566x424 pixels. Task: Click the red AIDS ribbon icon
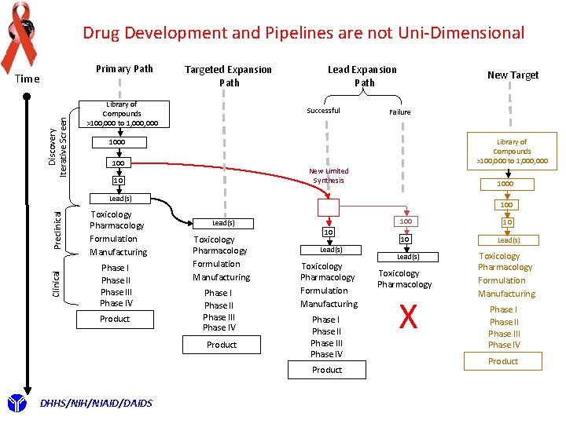tap(20, 35)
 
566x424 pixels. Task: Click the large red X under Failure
tap(407, 317)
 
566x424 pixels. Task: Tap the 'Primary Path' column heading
tap(124, 68)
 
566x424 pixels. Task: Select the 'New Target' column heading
tap(513, 75)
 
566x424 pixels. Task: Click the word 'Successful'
tap(323, 111)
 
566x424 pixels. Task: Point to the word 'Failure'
tap(399, 112)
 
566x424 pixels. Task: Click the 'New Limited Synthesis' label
tap(329, 175)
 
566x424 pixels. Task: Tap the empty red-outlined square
tap(329, 207)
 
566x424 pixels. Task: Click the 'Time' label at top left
tap(27, 79)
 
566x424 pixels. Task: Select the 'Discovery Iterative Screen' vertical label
tap(57, 141)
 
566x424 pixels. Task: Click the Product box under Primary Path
tap(115, 319)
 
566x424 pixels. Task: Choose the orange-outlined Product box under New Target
tap(503, 361)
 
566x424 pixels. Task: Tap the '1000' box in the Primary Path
tap(116, 142)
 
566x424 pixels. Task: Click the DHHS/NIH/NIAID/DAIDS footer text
tap(96, 404)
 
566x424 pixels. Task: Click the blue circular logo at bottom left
tap(16, 404)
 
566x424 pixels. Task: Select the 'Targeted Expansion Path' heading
tap(228, 75)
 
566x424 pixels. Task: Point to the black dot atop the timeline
tap(27, 97)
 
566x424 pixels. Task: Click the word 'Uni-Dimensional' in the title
tap(463, 33)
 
